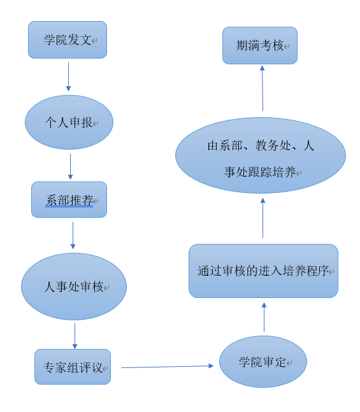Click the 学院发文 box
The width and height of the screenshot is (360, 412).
(x=68, y=39)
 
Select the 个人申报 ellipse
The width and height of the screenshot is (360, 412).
(x=69, y=122)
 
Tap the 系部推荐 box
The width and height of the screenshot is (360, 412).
(x=69, y=199)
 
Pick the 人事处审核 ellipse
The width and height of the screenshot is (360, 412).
(x=74, y=287)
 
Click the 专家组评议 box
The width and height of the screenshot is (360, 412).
(x=73, y=367)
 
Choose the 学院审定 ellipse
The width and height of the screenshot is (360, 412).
(x=263, y=362)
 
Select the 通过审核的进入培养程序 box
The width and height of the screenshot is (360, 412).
(x=264, y=271)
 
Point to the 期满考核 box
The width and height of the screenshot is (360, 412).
(x=260, y=45)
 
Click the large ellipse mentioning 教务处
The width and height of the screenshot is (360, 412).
(x=261, y=155)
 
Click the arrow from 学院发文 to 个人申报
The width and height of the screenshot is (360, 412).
(x=68, y=76)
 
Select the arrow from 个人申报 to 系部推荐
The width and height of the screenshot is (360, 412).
(x=70, y=167)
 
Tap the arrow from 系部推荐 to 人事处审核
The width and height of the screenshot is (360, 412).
(x=73, y=236)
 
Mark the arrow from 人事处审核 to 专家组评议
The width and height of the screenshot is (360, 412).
(x=75, y=336)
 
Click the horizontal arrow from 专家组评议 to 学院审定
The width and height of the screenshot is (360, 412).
(x=167, y=367)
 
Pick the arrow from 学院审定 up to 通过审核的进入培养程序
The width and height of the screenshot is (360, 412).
(x=264, y=317)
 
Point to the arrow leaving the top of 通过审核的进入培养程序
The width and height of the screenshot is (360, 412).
(x=263, y=218)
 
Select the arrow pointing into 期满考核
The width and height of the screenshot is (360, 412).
(x=263, y=89)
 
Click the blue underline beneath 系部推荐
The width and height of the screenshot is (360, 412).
(x=69, y=206)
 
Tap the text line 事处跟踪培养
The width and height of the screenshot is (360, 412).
(x=260, y=172)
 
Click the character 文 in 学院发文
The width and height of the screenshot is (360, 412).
(x=86, y=40)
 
